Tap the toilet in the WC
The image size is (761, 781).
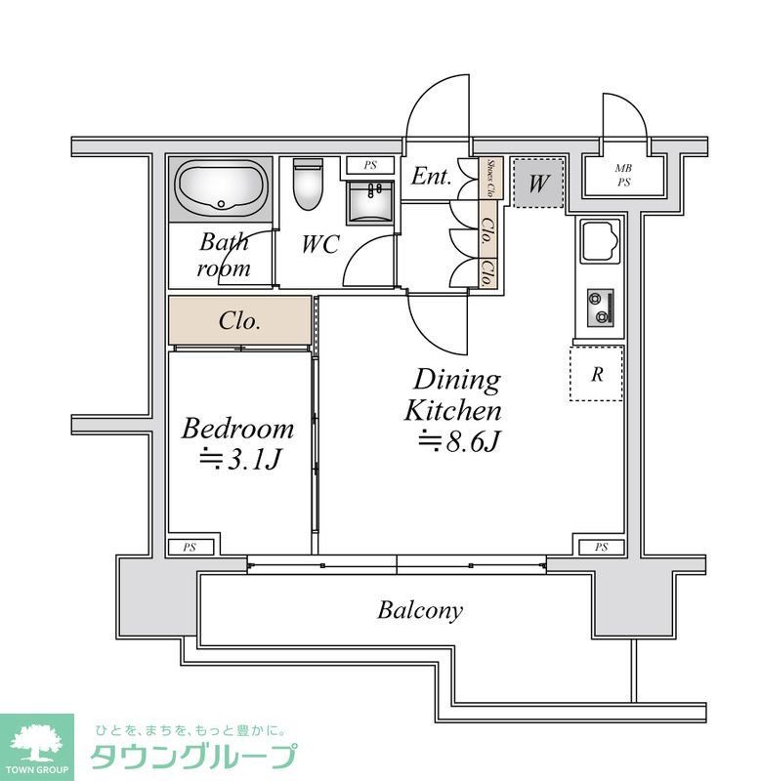tap(307, 186)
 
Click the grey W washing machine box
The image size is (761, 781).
tap(538, 183)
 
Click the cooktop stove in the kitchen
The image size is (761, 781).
tap(600, 308)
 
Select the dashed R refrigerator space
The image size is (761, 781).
tap(596, 372)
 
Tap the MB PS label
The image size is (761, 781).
tap(623, 175)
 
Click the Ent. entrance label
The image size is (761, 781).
tap(430, 177)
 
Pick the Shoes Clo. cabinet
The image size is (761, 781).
tap(492, 179)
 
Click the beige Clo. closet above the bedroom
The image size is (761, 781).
tap(240, 320)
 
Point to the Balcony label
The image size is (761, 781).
tap(420, 611)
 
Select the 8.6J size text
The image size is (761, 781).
tap(459, 442)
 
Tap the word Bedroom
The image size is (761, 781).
tap(237, 428)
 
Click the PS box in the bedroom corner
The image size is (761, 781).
tap(189, 547)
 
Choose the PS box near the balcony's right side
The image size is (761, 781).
tap(601, 547)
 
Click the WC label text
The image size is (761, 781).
tap(319, 244)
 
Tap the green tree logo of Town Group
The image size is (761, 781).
tap(36, 743)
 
